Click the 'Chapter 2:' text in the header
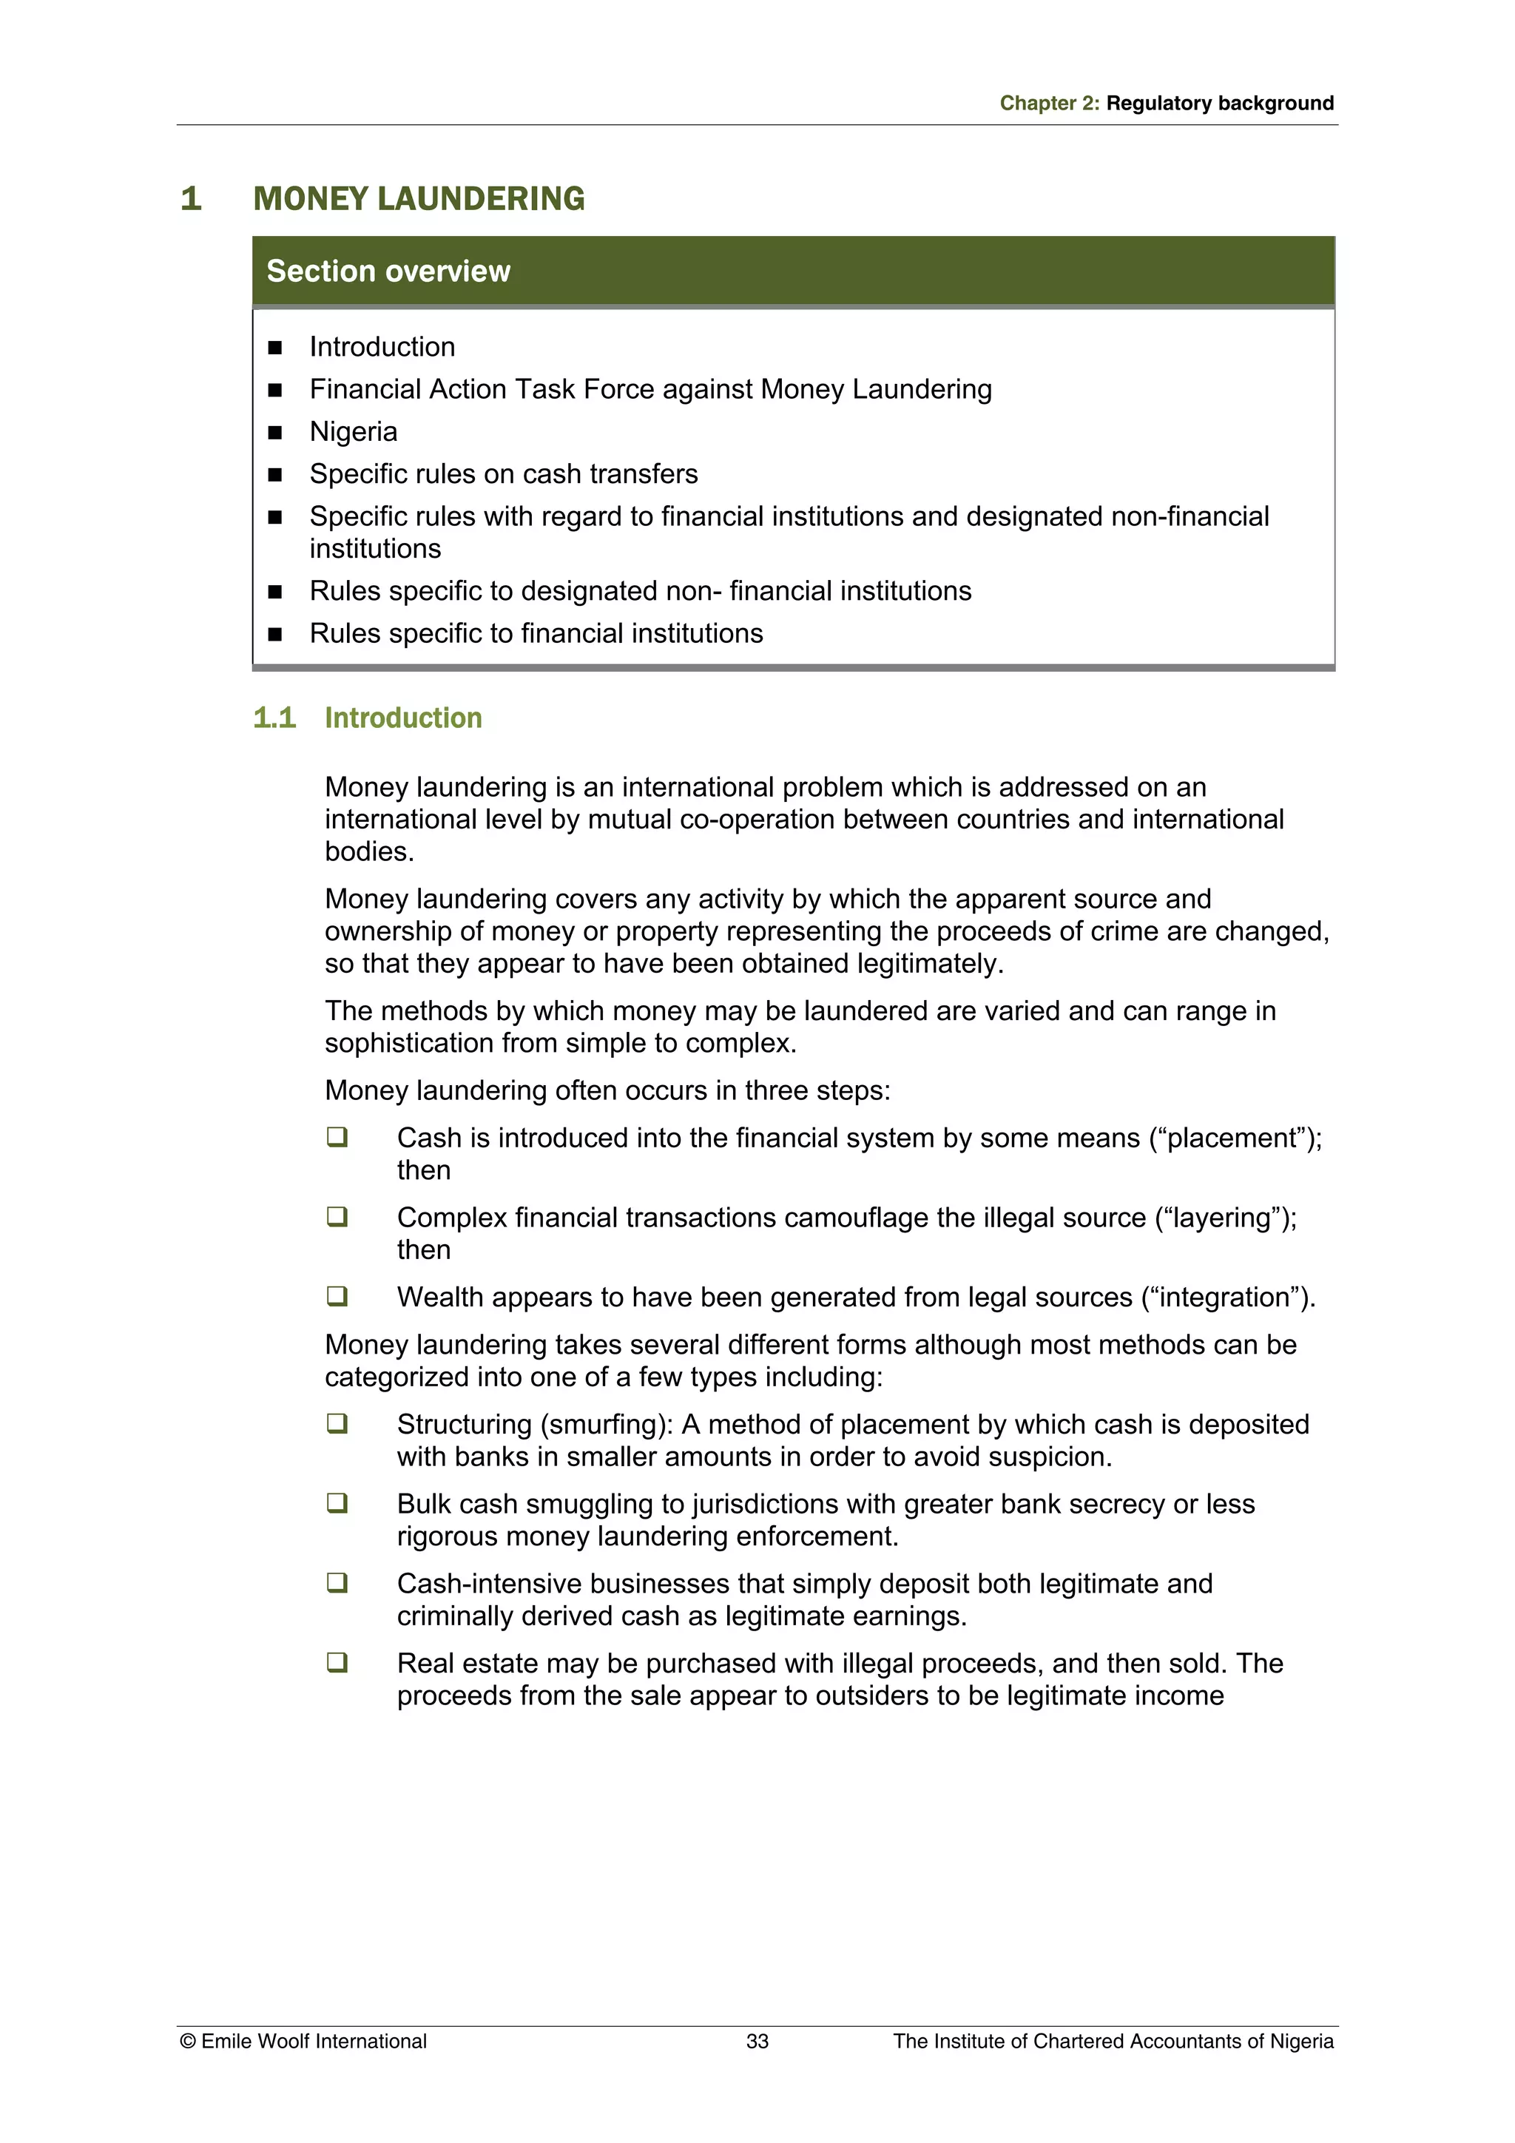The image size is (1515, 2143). click(x=1049, y=104)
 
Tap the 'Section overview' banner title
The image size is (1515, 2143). click(x=388, y=271)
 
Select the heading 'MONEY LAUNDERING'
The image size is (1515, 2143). click(x=419, y=199)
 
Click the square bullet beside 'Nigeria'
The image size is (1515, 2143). click(x=275, y=433)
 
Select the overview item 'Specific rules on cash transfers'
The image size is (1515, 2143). click(x=503, y=474)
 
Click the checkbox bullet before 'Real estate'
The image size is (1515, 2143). click(x=337, y=1662)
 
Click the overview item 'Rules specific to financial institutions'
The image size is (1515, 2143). click(x=536, y=634)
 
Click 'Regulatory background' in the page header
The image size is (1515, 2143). click(x=1219, y=104)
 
